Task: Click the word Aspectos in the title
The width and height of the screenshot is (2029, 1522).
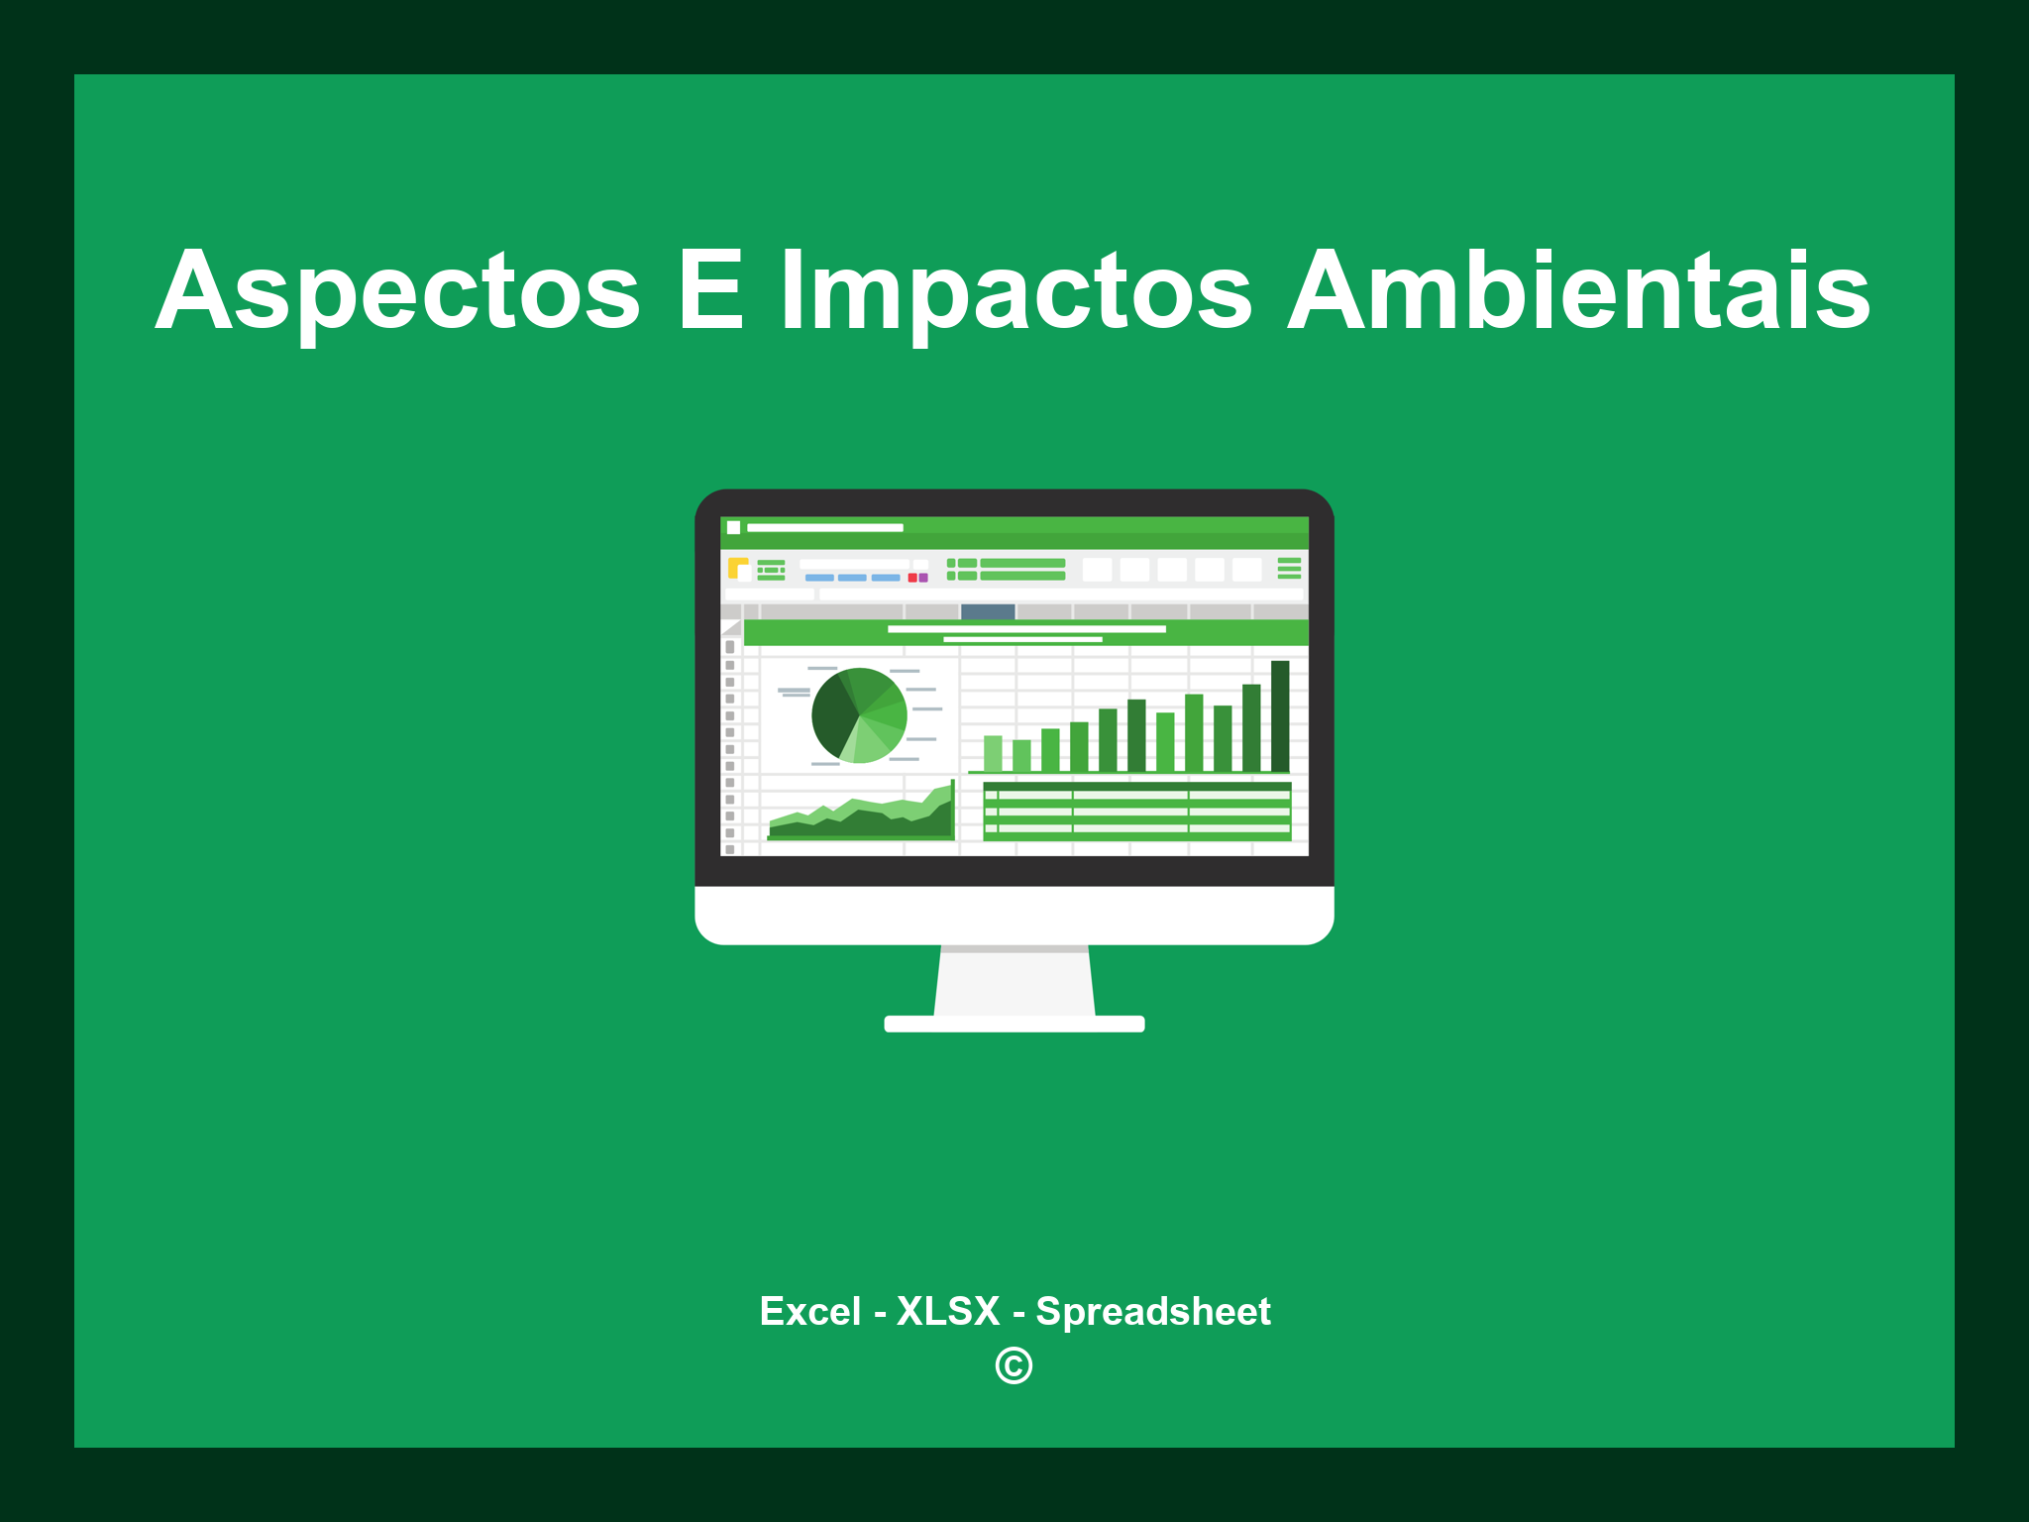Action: (398, 292)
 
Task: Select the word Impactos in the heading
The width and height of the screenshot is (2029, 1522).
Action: (1016, 292)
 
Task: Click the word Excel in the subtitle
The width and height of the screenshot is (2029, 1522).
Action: (809, 1311)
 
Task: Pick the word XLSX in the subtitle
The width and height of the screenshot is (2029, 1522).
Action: (948, 1311)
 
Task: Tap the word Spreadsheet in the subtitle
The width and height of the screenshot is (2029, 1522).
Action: (1152, 1311)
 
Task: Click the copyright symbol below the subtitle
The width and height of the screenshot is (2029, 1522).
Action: (1014, 1365)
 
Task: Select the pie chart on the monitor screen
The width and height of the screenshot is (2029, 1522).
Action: (859, 715)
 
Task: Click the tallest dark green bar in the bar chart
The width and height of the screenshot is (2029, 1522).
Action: (1280, 715)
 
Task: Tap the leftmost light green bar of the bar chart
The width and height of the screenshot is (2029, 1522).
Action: (993, 753)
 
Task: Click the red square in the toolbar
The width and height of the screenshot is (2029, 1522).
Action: (912, 578)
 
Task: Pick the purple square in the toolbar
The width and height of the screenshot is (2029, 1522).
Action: (923, 578)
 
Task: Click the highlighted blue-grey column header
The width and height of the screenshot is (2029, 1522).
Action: (988, 611)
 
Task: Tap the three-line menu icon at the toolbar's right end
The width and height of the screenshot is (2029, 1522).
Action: (1289, 568)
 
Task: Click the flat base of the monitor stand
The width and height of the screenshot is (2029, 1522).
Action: (1014, 1024)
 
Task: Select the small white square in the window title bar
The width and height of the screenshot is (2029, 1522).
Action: (733, 527)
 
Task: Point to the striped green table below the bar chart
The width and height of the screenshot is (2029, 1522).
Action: (1136, 811)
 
